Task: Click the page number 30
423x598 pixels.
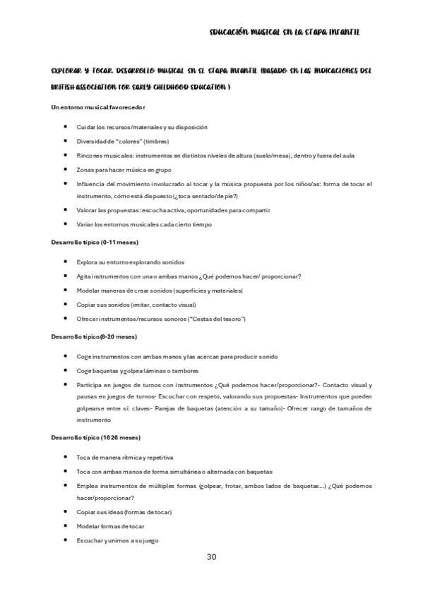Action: [211, 557]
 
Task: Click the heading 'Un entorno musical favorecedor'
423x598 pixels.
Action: [98, 108]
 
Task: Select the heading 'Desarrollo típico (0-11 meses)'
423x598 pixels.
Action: [95, 243]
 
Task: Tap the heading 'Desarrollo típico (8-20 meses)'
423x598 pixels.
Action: [94, 337]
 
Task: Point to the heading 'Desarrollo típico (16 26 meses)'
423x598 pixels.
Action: [95, 437]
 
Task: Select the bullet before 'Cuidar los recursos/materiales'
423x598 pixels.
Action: [66, 127]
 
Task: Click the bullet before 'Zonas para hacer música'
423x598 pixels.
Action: [66, 169]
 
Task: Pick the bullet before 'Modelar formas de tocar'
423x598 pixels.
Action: [66, 526]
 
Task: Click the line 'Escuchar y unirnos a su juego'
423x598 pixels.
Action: [117, 541]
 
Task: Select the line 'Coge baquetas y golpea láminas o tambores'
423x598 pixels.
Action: [138, 371]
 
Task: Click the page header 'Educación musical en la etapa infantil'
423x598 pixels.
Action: [285, 32]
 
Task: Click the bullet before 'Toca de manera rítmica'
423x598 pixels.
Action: [66, 457]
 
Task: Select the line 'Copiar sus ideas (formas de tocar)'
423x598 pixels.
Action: [124, 512]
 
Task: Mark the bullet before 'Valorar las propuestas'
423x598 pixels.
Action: [66, 209]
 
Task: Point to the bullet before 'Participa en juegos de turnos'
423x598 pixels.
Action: [66, 385]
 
